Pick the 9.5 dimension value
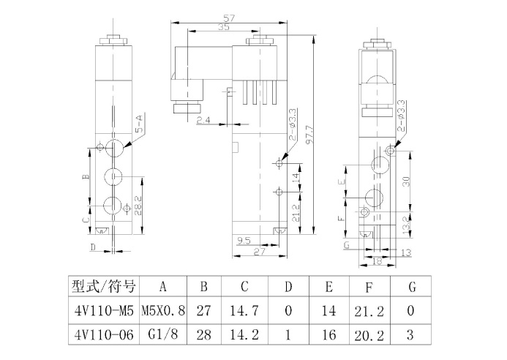coord(244,240)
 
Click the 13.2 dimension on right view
coord(408,222)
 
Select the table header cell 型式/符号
coord(100,285)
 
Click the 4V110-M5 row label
coord(100,310)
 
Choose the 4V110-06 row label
coord(100,335)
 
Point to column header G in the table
coord(410,285)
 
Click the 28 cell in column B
coord(204,335)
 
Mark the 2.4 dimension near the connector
coord(203,120)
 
